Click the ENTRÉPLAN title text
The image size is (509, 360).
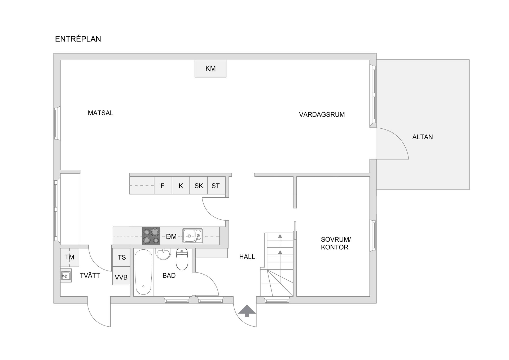click(x=78, y=39)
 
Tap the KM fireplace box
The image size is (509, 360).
click(x=210, y=68)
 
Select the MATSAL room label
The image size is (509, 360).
click(x=100, y=113)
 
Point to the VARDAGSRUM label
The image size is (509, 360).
click(x=322, y=115)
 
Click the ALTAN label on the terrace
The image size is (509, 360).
click(x=423, y=137)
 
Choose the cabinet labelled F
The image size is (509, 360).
click(x=163, y=185)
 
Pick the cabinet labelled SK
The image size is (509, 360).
click(x=199, y=185)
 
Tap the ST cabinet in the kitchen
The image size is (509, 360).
click(x=216, y=185)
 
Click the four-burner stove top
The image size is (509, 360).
click(x=151, y=236)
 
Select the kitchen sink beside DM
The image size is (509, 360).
click(x=192, y=236)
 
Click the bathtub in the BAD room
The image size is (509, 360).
click(x=143, y=272)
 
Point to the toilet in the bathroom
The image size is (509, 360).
click(x=182, y=259)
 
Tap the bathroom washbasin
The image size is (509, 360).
click(x=164, y=254)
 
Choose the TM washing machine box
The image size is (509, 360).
click(x=69, y=257)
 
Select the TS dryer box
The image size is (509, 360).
click(x=121, y=257)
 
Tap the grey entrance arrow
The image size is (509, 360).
click(x=247, y=311)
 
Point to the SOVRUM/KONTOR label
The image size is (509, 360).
click(x=336, y=243)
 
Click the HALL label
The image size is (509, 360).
click(x=247, y=257)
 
